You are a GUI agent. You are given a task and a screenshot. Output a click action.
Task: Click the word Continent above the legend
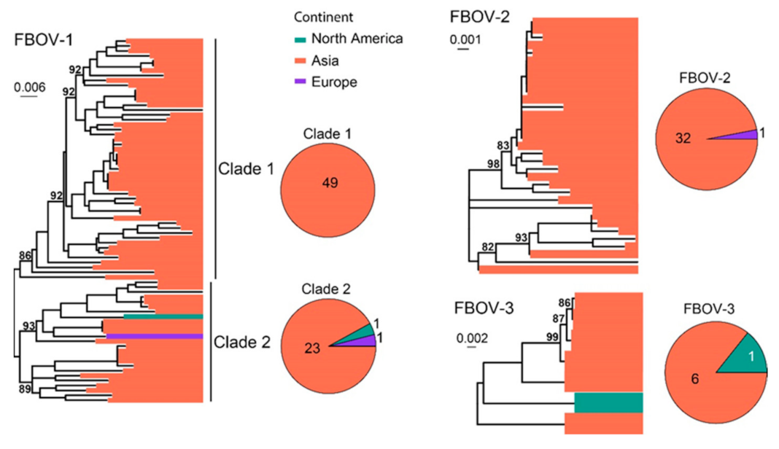click(325, 16)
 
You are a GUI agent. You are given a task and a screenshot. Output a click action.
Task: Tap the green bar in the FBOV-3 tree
click(608, 402)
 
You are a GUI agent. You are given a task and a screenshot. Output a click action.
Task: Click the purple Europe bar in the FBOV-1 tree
click(153, 336)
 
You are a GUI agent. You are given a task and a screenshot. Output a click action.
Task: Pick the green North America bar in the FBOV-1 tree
click(163, 316)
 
